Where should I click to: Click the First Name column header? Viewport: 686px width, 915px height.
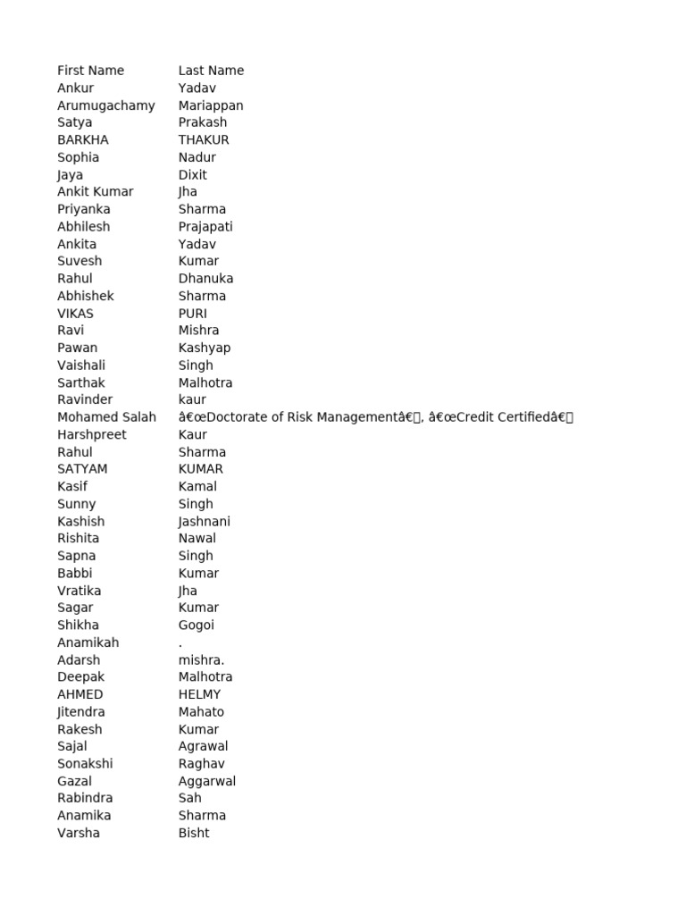pyautogui.click(x=90, y=71)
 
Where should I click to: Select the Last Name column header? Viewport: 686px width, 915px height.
pyautogui.click(x=211, y=71)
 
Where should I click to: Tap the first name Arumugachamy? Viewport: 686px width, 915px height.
pyautogui.click(x=105, y=105)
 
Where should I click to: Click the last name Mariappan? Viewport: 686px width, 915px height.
pyautogui.click(x=211, y=105)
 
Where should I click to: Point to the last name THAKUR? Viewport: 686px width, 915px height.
pyautogui.click(x=204, y=139)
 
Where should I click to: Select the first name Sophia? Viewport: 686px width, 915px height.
pyautogui.click(x=78, y=157)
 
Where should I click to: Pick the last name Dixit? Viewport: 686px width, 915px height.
pyautogui.click(x=192, y=175)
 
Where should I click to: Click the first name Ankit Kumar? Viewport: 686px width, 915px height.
pyautogui.click(x=95, y=191)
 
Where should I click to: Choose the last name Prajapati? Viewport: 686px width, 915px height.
pyautogui.click(x=205, y=227)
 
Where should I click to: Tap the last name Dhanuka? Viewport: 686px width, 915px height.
pyautogui.click(x=205, y=278)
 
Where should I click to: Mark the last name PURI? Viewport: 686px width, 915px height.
pyautogui.click(x=192, y=314)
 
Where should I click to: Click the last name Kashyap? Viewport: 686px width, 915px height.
pyautogui.click(x=205, y=348)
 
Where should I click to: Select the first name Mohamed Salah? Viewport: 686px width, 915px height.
pyautogui.click(x=106, y=417)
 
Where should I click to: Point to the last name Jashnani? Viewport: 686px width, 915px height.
pyautogui.click(x=205, y=521)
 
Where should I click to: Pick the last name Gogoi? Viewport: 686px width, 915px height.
pyautogui.click(x=196, y=625)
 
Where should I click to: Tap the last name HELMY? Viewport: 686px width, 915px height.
pyautogui.click(x=199, y=694)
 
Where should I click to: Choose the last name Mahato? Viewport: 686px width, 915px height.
pyautogui.click(x=201, y=712)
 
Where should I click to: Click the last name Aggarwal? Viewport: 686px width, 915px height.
pyautogui.click(x=207, y=781)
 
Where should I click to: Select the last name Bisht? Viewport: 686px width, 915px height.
pyautogui.click(x=194, y=833)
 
